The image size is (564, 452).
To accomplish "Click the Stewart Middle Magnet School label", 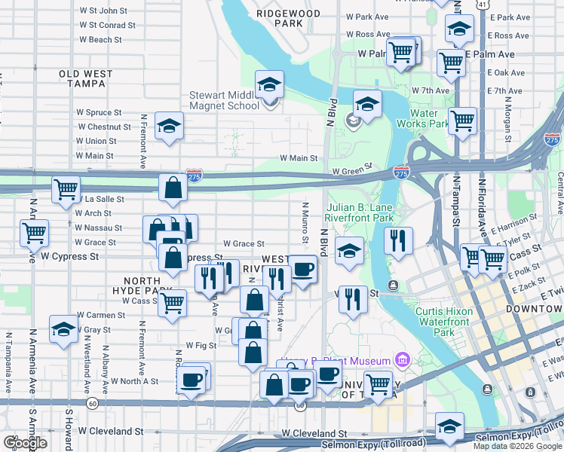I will pyautogui.click(x=224, y=100).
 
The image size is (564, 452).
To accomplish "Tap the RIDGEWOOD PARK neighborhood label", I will pyautogui.click(x=288, y=18).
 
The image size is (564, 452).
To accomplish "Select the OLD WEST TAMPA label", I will pyautogui.click(x=86, y=79).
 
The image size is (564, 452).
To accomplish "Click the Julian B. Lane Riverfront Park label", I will pyautogui.click(x=360, y=212).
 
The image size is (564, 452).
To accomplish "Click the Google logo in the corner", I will pyautogui.click(x=25, y=443).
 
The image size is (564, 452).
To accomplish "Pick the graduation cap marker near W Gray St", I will pyautogui.click(x=63, y=329).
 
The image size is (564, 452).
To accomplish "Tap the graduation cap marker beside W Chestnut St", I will pyautogui.click(x=170, y=125).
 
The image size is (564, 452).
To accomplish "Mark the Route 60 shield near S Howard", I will pyautogui.click(x=91, y=403).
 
